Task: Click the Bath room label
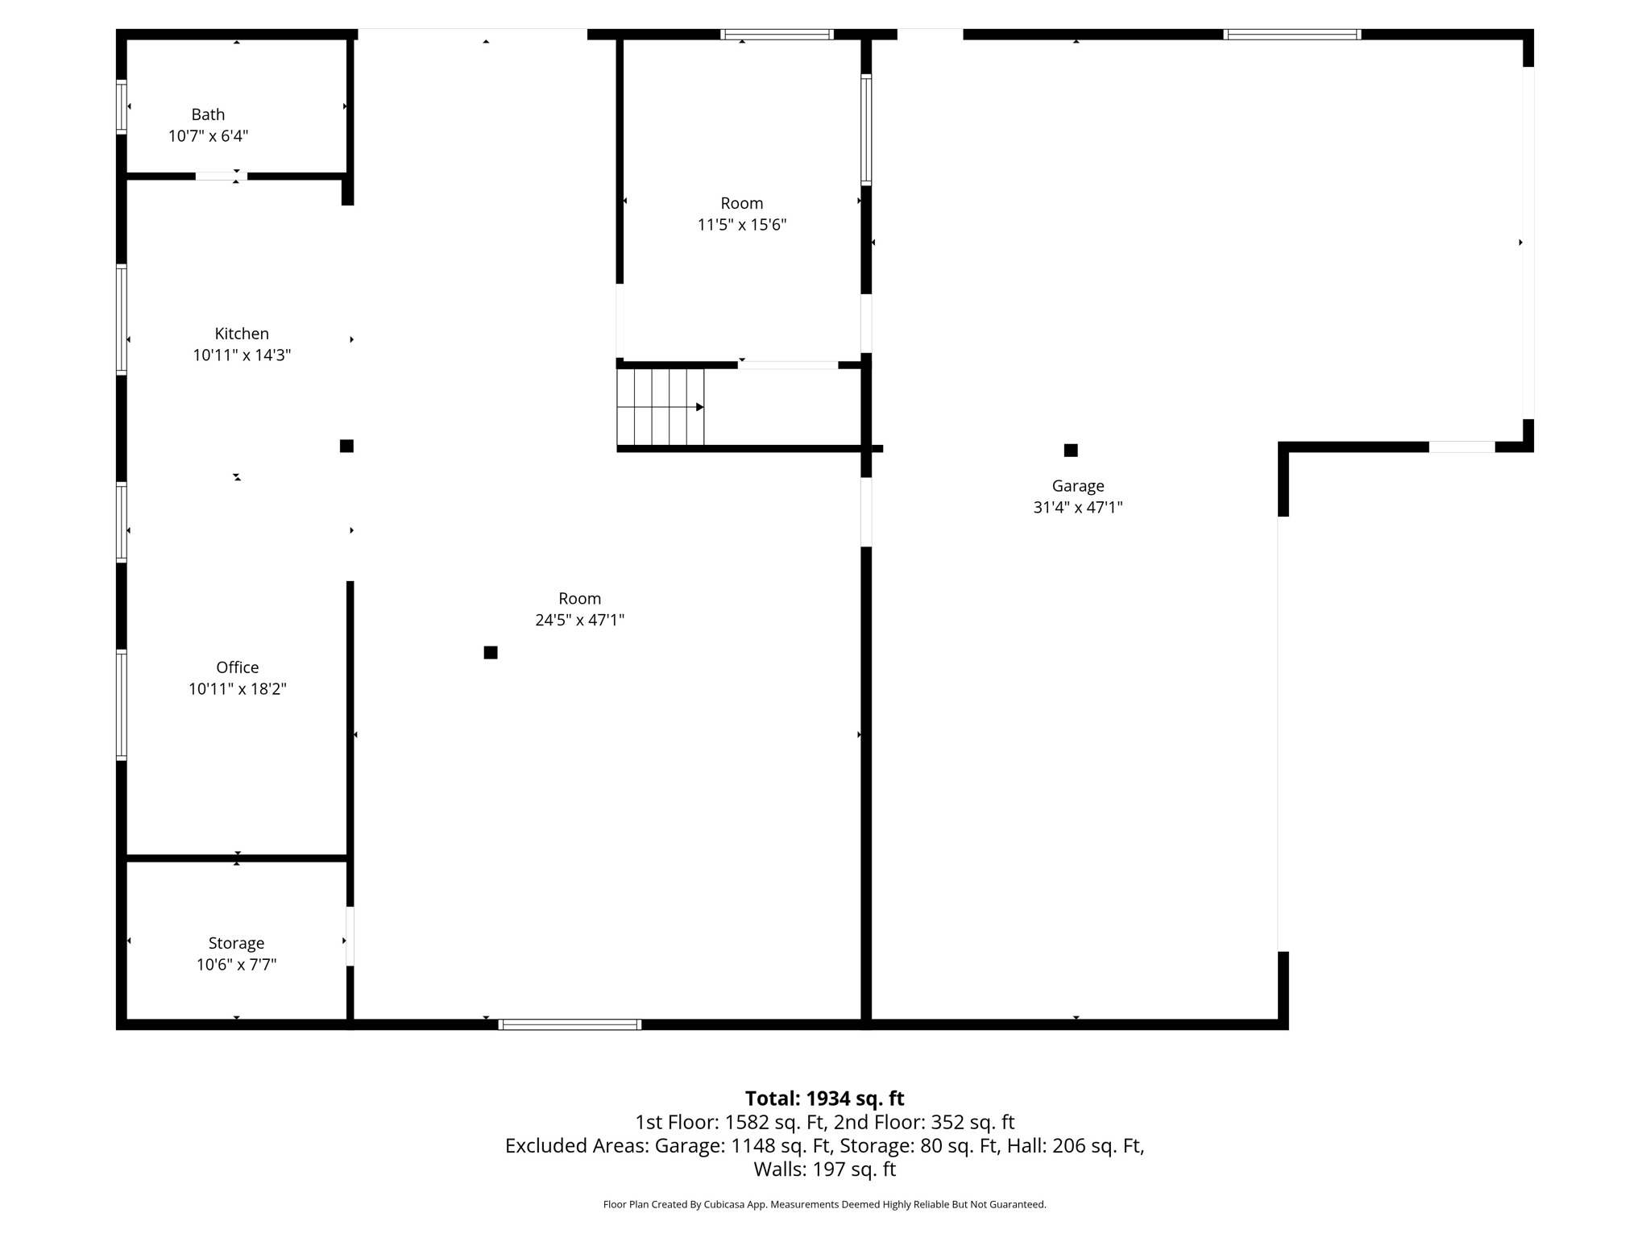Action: click(x=208, y=114)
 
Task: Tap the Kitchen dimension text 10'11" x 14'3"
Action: click(x=242, y=355)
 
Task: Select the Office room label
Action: click(x=238, y=667)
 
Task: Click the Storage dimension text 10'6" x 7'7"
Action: click(x=236, y=965)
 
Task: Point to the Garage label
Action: click(x=1077, y=486)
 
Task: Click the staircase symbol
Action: click(x=661, y=407)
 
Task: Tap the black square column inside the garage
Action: click(x=1071, y=451)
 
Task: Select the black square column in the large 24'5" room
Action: click(x=491, y=653)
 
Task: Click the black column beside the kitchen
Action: click(x=346, y=447)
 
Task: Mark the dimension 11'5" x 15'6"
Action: click(x=741, y=225)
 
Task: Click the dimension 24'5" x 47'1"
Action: click(x=579, y=621)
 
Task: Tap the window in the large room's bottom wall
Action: click(x=570, y=1024)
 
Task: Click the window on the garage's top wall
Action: click(x=1291, y=35)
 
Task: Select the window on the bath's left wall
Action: click(x=122, y=106)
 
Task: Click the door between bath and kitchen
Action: click(x=221, y=176)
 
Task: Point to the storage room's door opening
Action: click(x=350, y=936)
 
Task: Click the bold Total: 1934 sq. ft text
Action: click(x=824, y=1099)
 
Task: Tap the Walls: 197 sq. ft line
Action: click(x=824, y=1169)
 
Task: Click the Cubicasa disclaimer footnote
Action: click(x=824, y=1205)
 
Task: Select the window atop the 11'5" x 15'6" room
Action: click(x=777, y=35)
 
